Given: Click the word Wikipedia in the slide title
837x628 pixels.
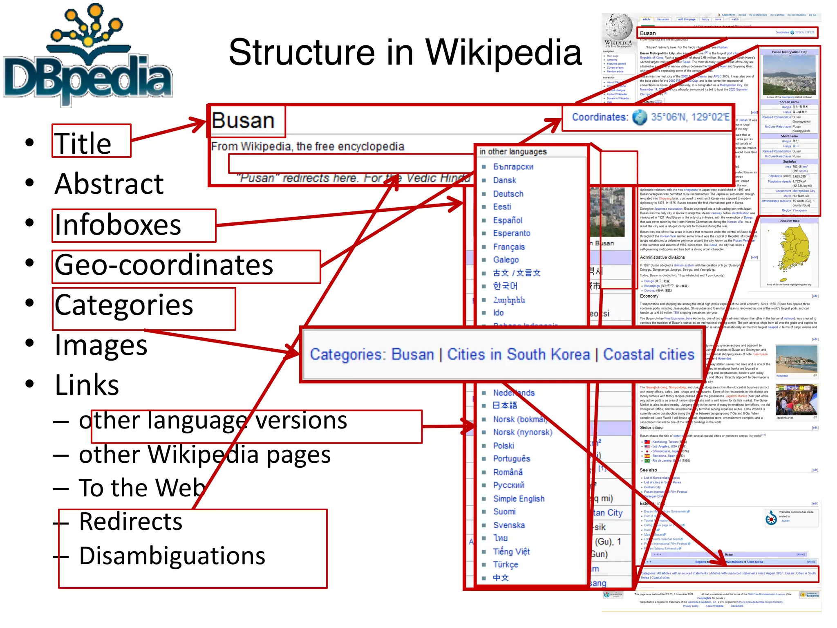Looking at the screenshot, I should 503,53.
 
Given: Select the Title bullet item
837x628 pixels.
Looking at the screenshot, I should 83,143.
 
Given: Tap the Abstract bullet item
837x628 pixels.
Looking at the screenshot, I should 109,184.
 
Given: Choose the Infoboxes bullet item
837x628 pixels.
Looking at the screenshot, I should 118,225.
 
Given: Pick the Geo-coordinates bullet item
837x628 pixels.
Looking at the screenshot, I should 164,265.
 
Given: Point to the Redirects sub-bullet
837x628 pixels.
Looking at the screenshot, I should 131,522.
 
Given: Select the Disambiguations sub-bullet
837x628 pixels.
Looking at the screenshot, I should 172,556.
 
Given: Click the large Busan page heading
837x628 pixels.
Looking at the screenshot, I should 243,121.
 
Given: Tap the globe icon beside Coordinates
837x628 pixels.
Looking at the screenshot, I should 640,117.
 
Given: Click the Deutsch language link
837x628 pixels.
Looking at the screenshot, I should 508,194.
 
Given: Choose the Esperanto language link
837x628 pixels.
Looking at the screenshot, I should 511,233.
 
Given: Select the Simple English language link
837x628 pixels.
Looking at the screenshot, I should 519,499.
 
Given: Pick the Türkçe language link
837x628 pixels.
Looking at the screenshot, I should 506,565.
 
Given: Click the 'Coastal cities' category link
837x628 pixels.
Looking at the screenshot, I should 649,354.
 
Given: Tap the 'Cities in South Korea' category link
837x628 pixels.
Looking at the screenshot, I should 518,354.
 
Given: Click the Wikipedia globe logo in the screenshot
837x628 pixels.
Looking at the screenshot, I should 618,27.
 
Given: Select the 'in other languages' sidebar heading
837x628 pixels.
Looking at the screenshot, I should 513,152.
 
